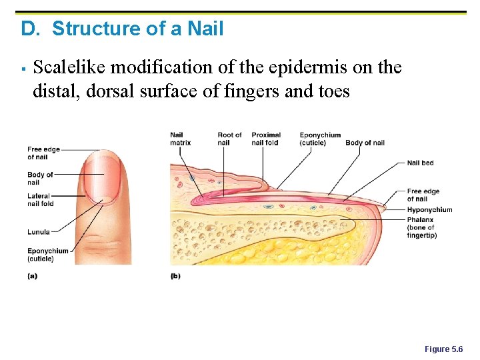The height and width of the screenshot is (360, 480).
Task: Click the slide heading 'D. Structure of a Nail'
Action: (122, 29)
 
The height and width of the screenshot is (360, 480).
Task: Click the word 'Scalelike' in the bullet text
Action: (69, 67)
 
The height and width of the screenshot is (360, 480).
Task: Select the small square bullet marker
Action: (23, 69)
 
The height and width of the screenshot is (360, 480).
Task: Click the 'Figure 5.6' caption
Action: (443, 349)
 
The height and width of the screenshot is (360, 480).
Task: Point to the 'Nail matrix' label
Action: (180, 139)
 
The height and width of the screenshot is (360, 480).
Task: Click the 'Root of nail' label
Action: (229, 139)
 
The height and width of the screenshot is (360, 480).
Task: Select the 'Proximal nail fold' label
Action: (265, 139)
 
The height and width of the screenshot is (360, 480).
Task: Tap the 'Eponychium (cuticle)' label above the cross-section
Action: (320, 139)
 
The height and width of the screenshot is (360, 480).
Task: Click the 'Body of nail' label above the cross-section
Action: (365, 143)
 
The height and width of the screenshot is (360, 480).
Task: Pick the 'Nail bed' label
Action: (420, 163)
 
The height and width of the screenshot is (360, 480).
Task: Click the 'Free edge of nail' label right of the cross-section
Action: (423, 195)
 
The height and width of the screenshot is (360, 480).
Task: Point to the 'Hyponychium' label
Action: (429, 210)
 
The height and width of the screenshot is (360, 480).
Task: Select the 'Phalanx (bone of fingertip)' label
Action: (421, 227)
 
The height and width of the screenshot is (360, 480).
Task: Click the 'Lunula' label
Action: (38, 232)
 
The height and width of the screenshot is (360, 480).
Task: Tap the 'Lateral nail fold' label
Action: (40, 199)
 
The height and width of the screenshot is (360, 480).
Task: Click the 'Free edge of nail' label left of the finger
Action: (43, 153)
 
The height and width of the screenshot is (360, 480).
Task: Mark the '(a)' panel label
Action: (32, 275)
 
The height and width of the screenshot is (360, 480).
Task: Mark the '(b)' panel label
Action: (175, 275)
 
